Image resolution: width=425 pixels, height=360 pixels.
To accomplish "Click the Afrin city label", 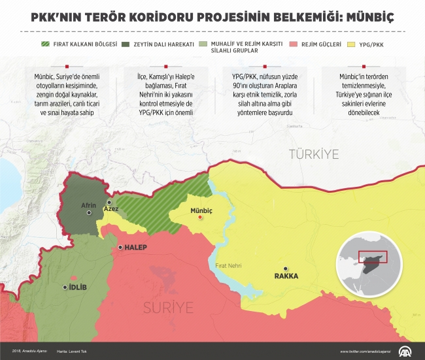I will (88, 205).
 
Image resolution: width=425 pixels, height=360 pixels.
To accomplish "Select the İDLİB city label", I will (78, 287).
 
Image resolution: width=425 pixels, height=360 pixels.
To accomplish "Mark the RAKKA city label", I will (286, 276).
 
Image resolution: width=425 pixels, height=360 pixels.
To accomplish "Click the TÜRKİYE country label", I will (314, 155).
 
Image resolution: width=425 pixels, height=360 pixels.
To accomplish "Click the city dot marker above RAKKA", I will (285, 268).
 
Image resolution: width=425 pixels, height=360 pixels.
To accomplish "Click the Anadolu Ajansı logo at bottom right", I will (405, 350).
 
